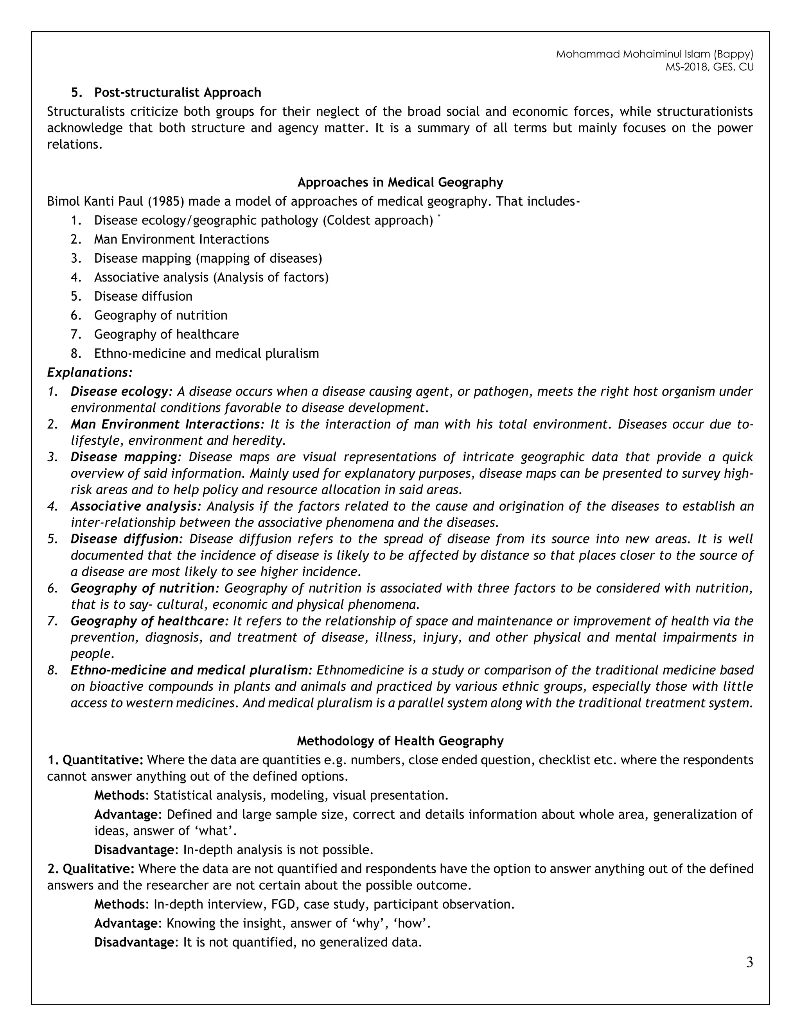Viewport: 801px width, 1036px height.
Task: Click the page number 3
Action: tap(749, 963)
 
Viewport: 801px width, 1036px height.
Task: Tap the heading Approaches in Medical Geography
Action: tap(400, 182)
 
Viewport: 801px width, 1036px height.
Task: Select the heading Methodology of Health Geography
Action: tap(400, 741)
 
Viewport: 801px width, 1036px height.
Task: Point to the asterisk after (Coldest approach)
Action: tap(439, 216)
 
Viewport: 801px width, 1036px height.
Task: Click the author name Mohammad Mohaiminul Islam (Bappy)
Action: tap(654, 54)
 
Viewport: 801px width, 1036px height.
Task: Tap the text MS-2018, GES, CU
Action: tap(709, 67)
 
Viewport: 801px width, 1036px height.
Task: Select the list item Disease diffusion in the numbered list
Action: tap(143, 296)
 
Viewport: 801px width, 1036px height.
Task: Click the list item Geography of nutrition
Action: tap(160, 315)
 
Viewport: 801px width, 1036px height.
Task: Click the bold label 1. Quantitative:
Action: tap(95, 760)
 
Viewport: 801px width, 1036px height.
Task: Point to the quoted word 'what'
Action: tap(217, 831)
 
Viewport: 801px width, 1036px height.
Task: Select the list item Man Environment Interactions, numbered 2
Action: tap(181, 240)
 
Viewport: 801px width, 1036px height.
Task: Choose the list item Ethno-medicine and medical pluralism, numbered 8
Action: tap(207, 353)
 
